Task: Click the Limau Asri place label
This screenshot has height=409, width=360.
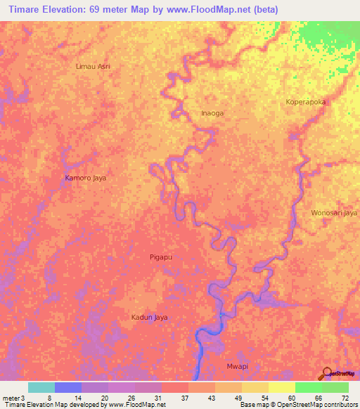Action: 93,66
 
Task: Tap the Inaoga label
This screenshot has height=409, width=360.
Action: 193,112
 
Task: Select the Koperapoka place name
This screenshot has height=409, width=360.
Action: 307,102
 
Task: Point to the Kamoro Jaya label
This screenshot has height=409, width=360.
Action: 85,178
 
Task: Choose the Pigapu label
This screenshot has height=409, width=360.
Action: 161,258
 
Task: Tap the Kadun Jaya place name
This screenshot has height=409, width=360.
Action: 150,318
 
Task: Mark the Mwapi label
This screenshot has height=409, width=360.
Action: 237,367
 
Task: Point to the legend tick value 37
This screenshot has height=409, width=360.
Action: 184,398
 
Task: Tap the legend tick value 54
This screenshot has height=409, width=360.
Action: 265,398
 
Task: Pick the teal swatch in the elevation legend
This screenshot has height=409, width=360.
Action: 41,387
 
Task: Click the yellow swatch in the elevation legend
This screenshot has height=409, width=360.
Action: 282,387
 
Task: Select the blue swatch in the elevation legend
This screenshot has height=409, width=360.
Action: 68,387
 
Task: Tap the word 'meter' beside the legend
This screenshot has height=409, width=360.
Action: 11,398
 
